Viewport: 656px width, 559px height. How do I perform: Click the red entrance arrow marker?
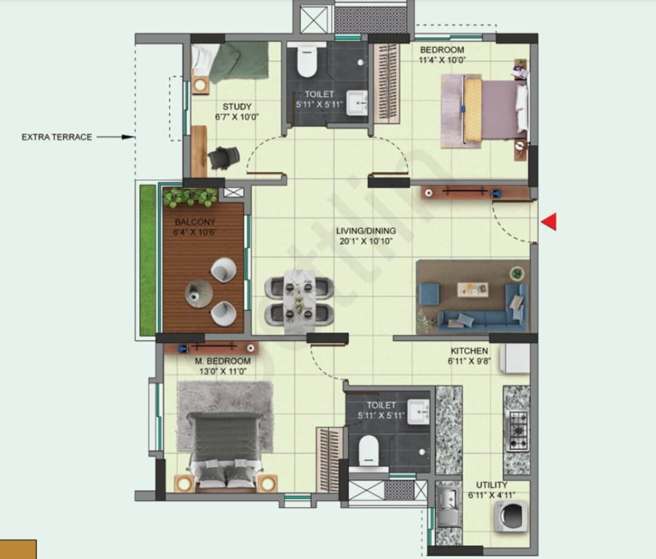pyautogui.click(x=548, y=222)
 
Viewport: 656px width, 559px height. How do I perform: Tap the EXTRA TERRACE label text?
pyautogui.click(x=56, y=137)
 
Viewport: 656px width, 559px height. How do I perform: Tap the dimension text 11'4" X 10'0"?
pyautogui.click(x=442, y=60)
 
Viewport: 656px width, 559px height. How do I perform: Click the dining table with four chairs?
pyautogui.click(x=299, y=297)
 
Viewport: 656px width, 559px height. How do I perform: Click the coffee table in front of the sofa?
pyautogui.click(x=473, y=289)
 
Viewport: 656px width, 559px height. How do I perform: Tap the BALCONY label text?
pyautogui.click(x=194, y=222)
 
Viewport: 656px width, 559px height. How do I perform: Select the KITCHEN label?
pyautogui.click(x=469, y=351)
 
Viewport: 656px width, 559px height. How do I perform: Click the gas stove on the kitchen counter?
pyautogui.click(x=518, y=430)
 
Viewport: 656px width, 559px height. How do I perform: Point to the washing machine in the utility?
pyautogui.click(x=510, y=517)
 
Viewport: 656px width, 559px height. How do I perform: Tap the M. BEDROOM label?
pyautogui.click(x=222, y=361)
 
